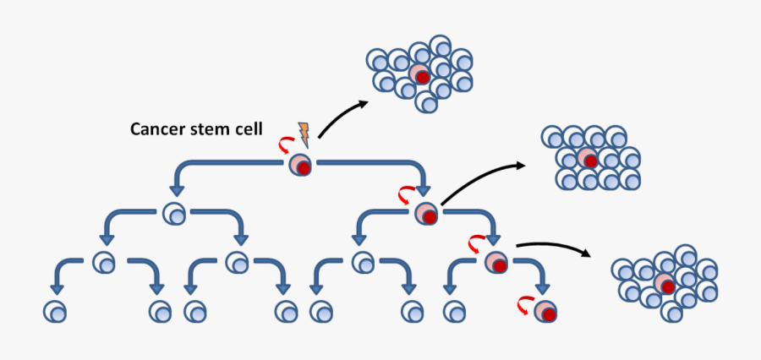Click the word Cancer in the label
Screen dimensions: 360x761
(x=157, y=129)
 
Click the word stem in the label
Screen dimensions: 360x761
(x=212, y=129)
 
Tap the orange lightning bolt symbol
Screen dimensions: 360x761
(x=303, y=133)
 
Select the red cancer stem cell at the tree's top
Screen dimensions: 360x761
(x=300, y=165)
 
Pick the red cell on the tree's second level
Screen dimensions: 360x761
(x=426, y=214)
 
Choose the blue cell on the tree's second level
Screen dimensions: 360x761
(x=174, y=214)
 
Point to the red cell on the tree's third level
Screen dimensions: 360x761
(x=496, y=262)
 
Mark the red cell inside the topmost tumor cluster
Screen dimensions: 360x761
(x=420, y=75)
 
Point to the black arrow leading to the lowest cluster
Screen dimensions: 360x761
(x=554, y=247)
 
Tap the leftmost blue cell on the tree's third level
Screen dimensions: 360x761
(x=105, y=262)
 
